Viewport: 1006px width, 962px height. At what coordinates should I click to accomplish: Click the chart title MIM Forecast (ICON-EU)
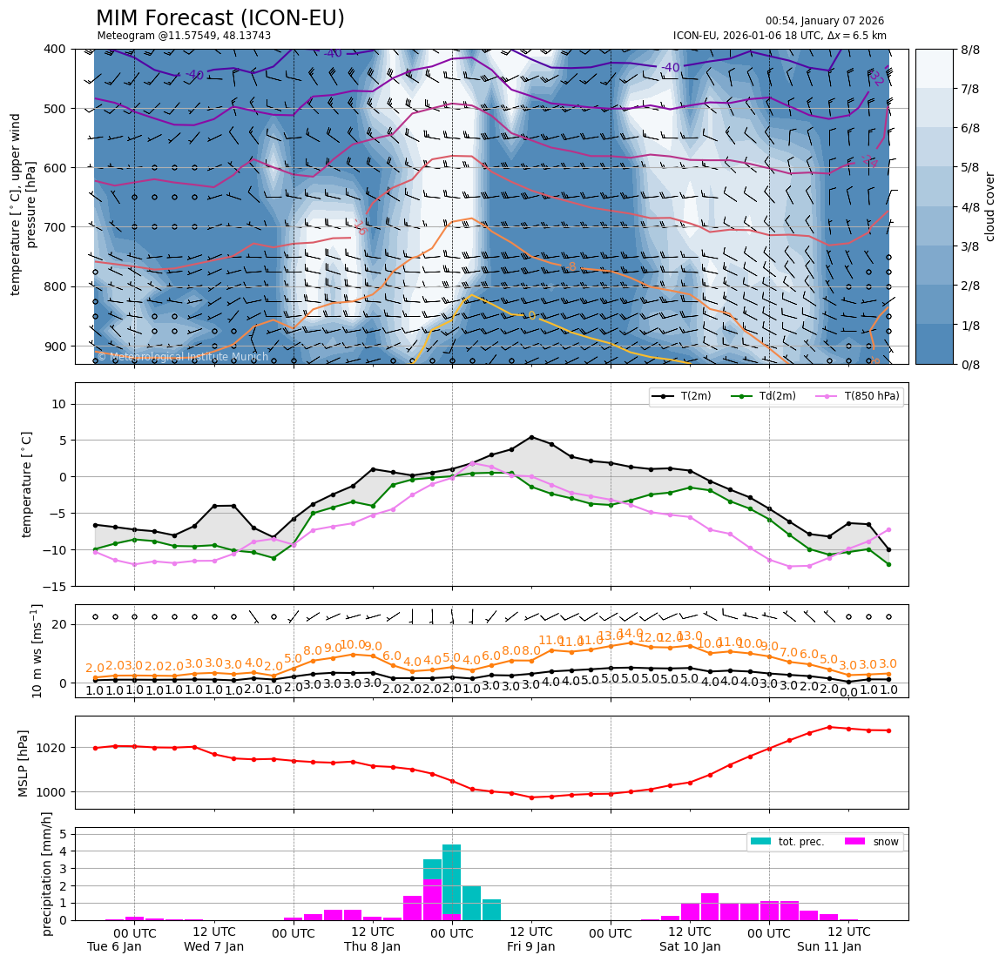click(x=219, y=18)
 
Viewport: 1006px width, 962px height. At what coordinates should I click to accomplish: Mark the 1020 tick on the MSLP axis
click(x=54, y=748)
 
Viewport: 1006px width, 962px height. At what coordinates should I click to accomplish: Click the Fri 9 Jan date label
click(x=531, y=946)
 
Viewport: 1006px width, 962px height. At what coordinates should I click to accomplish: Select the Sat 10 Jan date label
click(x=690, y=946)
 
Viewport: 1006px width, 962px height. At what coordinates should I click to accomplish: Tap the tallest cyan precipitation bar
click(x=451, y=881)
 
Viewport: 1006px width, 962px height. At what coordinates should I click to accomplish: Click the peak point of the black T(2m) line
click(x=531, y=437)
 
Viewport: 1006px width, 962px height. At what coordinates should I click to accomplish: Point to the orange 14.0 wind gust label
click(x=630, y=633)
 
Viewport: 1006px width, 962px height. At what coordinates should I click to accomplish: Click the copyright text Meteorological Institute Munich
click(x=182, y=357)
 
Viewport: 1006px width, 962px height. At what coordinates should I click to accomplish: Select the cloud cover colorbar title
click(x=989, y=206)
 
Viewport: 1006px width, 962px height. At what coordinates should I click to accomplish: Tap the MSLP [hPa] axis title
click(x=24, y=764)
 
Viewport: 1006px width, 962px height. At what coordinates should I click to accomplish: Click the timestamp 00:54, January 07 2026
click(x=824, y=21)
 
